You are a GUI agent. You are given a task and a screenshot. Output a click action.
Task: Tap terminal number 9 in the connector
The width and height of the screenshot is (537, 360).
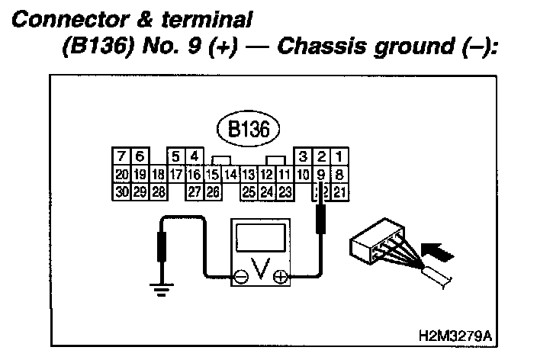(x=321, y=175)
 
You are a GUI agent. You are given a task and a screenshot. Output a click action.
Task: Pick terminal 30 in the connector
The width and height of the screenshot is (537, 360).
(x=122, y=191)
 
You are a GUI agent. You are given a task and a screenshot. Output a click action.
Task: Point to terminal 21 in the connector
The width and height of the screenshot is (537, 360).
(x=339, y=191)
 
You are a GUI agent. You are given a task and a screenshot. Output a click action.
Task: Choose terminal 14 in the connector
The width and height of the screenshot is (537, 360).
(x=231, y=175)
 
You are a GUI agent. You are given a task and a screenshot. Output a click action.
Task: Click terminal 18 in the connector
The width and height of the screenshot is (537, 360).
(x=159, y=175)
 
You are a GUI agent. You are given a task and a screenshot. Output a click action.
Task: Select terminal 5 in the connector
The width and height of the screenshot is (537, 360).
(x=177, y=157)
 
